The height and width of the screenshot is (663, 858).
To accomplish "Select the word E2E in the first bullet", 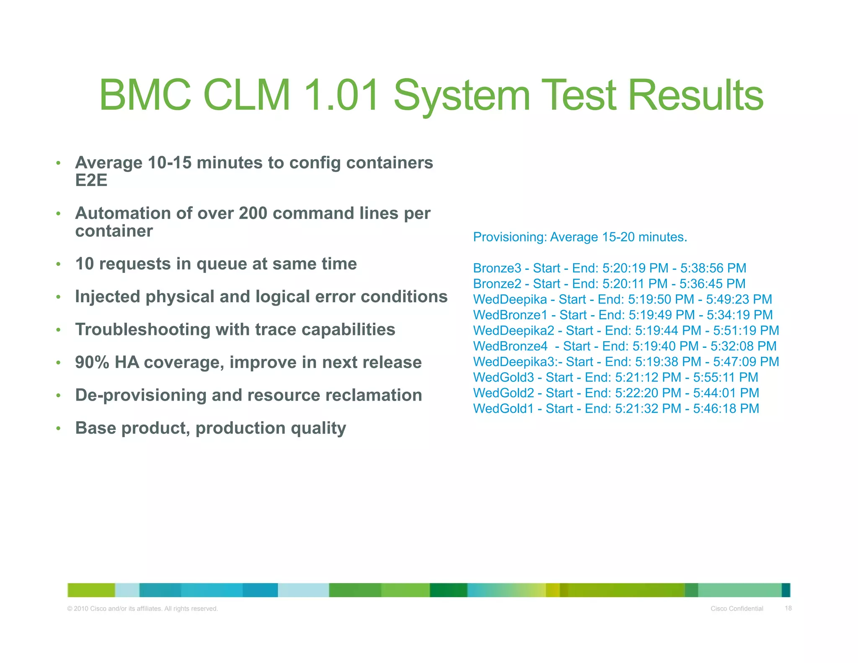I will (x=91, y=180).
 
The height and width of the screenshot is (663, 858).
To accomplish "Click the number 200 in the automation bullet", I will (x=253, y=213).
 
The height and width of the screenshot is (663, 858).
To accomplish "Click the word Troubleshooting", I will (x=142, y=330).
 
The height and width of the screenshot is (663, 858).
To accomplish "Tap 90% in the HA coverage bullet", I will (x=92, y=363).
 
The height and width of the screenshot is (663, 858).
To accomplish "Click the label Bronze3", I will (x=497, y=268).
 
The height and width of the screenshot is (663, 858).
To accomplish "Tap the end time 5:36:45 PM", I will (x=712, y=284).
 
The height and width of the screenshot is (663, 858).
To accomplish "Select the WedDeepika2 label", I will (x=513, y=331).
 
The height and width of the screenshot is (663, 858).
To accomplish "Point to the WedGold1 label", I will (x=503, y=409).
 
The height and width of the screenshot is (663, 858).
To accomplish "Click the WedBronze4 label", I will (x=510, y=346).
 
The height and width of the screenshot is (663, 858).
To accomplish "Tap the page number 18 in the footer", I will (x=788, y=608).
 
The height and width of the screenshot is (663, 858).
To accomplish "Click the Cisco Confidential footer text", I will (x=737, y=609).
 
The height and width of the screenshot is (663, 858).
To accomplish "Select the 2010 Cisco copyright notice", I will (x=142, y=609).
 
